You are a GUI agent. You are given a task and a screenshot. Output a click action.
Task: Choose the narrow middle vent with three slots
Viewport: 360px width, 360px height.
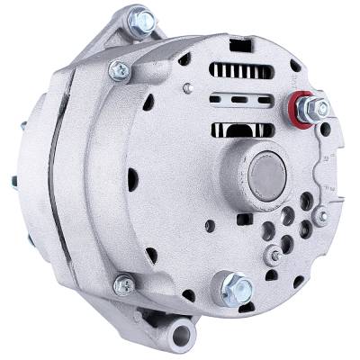point(235,99)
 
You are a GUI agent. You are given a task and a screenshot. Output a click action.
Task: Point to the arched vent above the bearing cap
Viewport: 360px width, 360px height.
point(239,126)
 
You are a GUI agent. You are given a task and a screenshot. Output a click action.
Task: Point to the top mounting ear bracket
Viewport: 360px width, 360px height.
point(135,36)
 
